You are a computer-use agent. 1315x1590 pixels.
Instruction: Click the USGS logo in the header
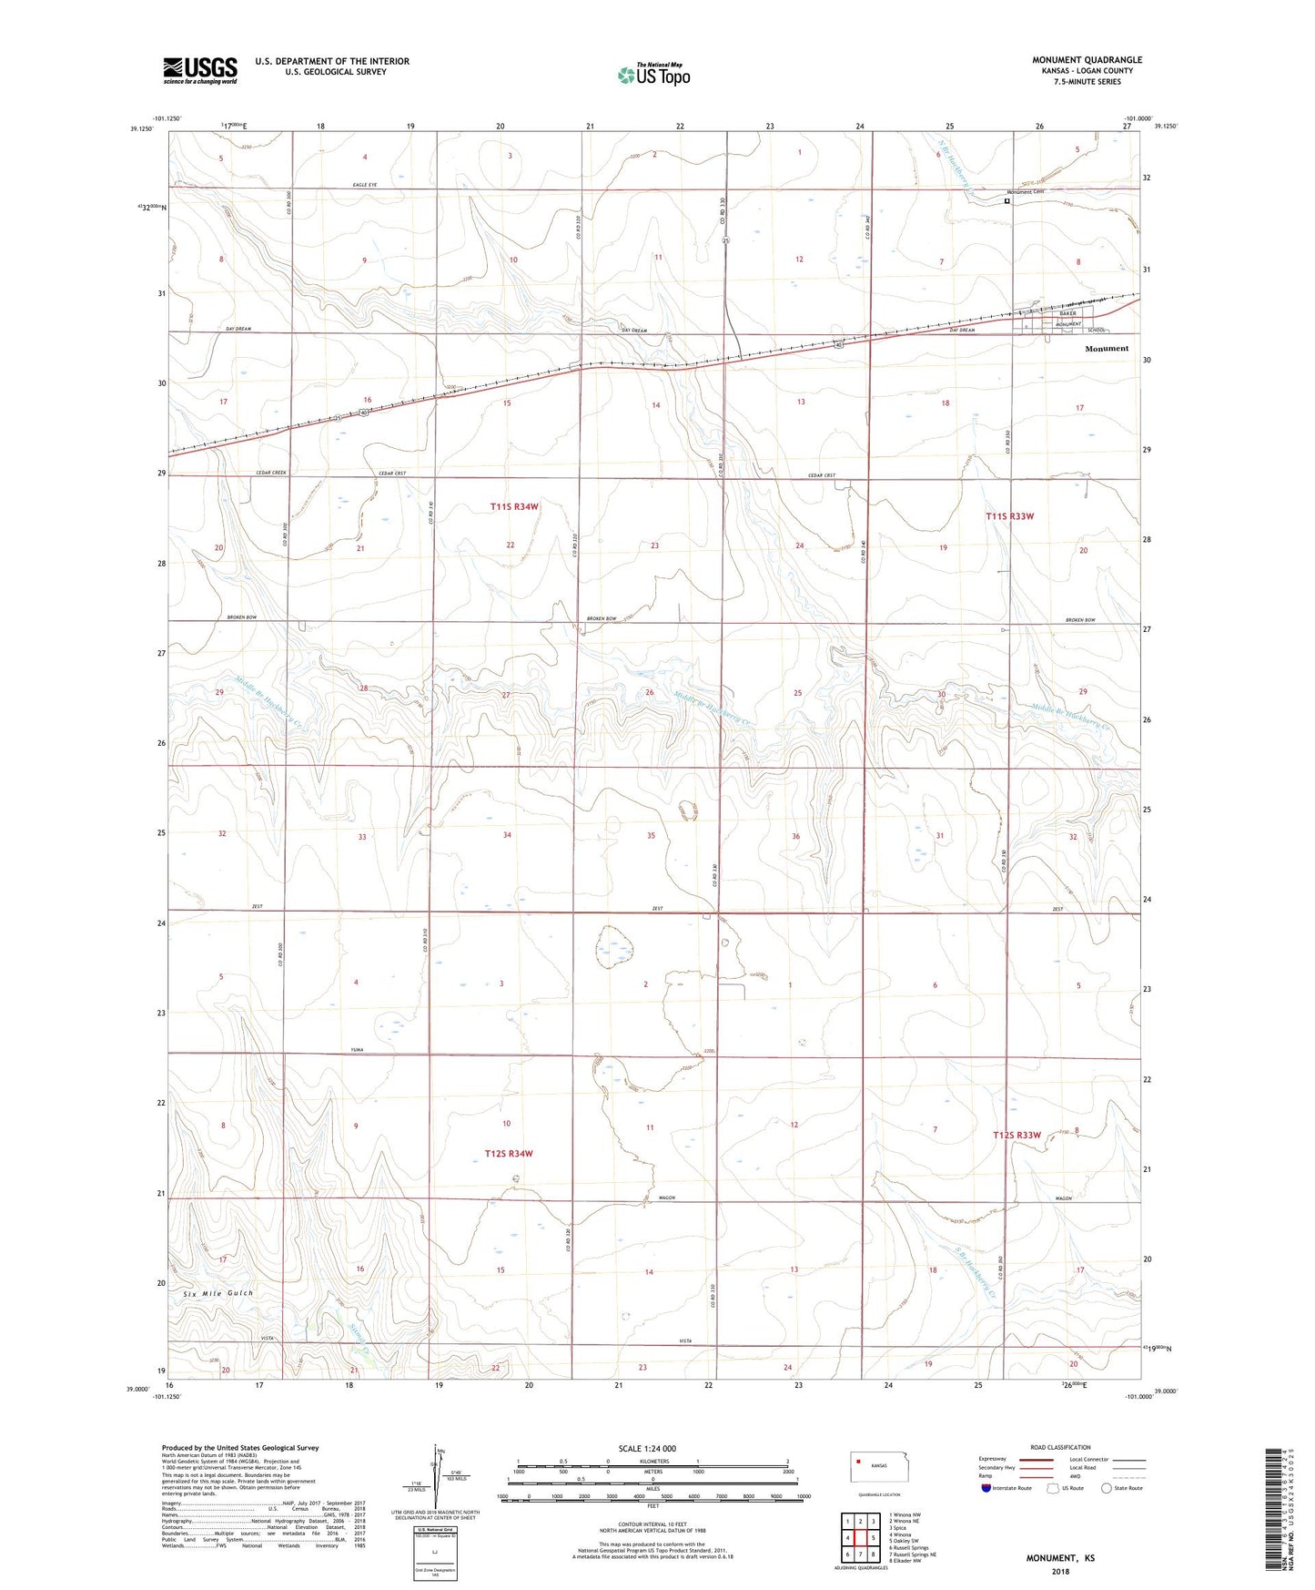(200, 70)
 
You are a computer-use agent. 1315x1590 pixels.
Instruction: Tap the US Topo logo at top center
(653, 75)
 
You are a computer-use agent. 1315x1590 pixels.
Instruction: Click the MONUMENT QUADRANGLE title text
(1087, 60)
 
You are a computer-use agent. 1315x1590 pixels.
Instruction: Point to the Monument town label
(1106, 349)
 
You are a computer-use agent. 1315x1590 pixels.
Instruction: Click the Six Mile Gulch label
(217, 1293)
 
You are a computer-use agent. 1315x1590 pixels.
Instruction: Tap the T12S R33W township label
(1017, 1135)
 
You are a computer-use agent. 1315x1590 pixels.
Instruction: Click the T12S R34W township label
(509, 1154)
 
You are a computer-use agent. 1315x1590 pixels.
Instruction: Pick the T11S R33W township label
(1010, 516)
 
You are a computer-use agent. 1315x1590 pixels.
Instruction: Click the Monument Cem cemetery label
(1025, 192)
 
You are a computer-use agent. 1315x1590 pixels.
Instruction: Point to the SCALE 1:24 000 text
(647, 1448)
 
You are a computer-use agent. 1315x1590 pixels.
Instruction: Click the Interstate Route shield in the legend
(986, 1488)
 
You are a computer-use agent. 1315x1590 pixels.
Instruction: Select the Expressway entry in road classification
(992, 1459)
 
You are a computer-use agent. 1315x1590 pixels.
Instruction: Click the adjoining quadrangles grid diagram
(860, 1536)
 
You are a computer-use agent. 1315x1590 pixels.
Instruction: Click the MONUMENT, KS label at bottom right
(1060, 1558)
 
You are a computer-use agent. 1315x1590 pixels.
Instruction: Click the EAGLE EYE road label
(364, 185)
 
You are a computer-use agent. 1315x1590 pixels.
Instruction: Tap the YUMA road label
(358, 1050)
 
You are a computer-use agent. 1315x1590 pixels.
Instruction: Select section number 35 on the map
(651, 835)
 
